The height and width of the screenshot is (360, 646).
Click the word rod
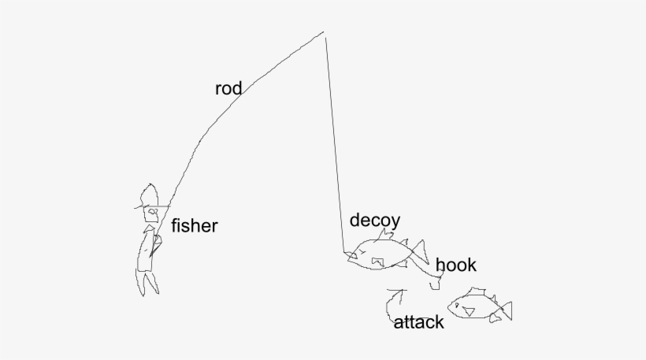pos(228,88)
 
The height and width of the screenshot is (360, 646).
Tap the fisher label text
pos(194,227)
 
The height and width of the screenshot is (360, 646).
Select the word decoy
pos(375,221)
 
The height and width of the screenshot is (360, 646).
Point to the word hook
pos(455,265)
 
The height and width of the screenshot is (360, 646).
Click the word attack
pos(418,322)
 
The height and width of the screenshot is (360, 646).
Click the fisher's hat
pos(148,195)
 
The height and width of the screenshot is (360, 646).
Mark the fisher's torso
pos(147,251)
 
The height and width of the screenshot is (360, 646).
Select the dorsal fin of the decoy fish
pos(387,235)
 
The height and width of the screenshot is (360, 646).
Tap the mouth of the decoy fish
pos(350,254)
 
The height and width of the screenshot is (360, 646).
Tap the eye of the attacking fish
pos(457,304)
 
